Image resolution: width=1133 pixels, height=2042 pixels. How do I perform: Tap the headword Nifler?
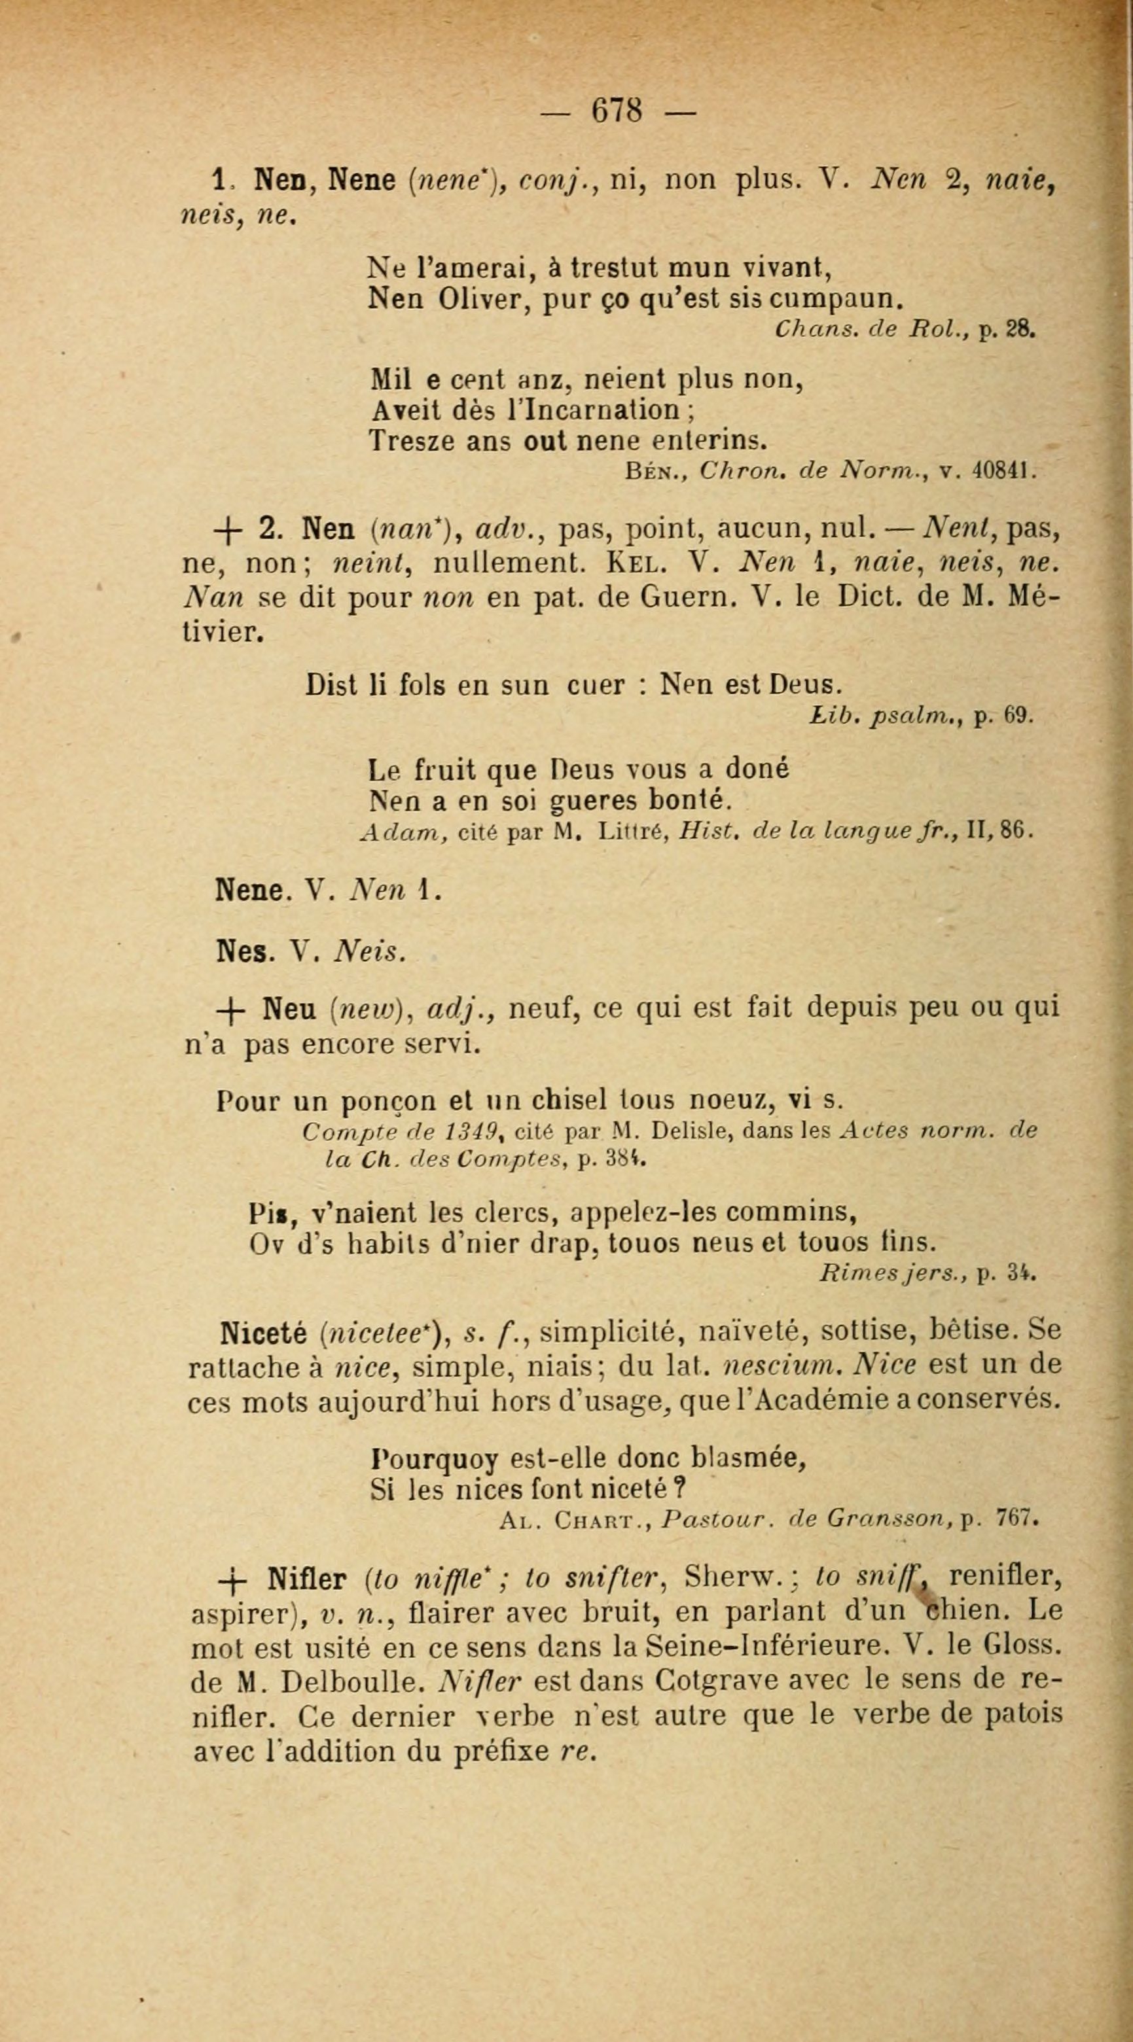pyautogui.click(x=308, y=1580)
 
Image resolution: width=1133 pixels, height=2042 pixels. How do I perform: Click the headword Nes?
pyautogui.click(x=240, y=951)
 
